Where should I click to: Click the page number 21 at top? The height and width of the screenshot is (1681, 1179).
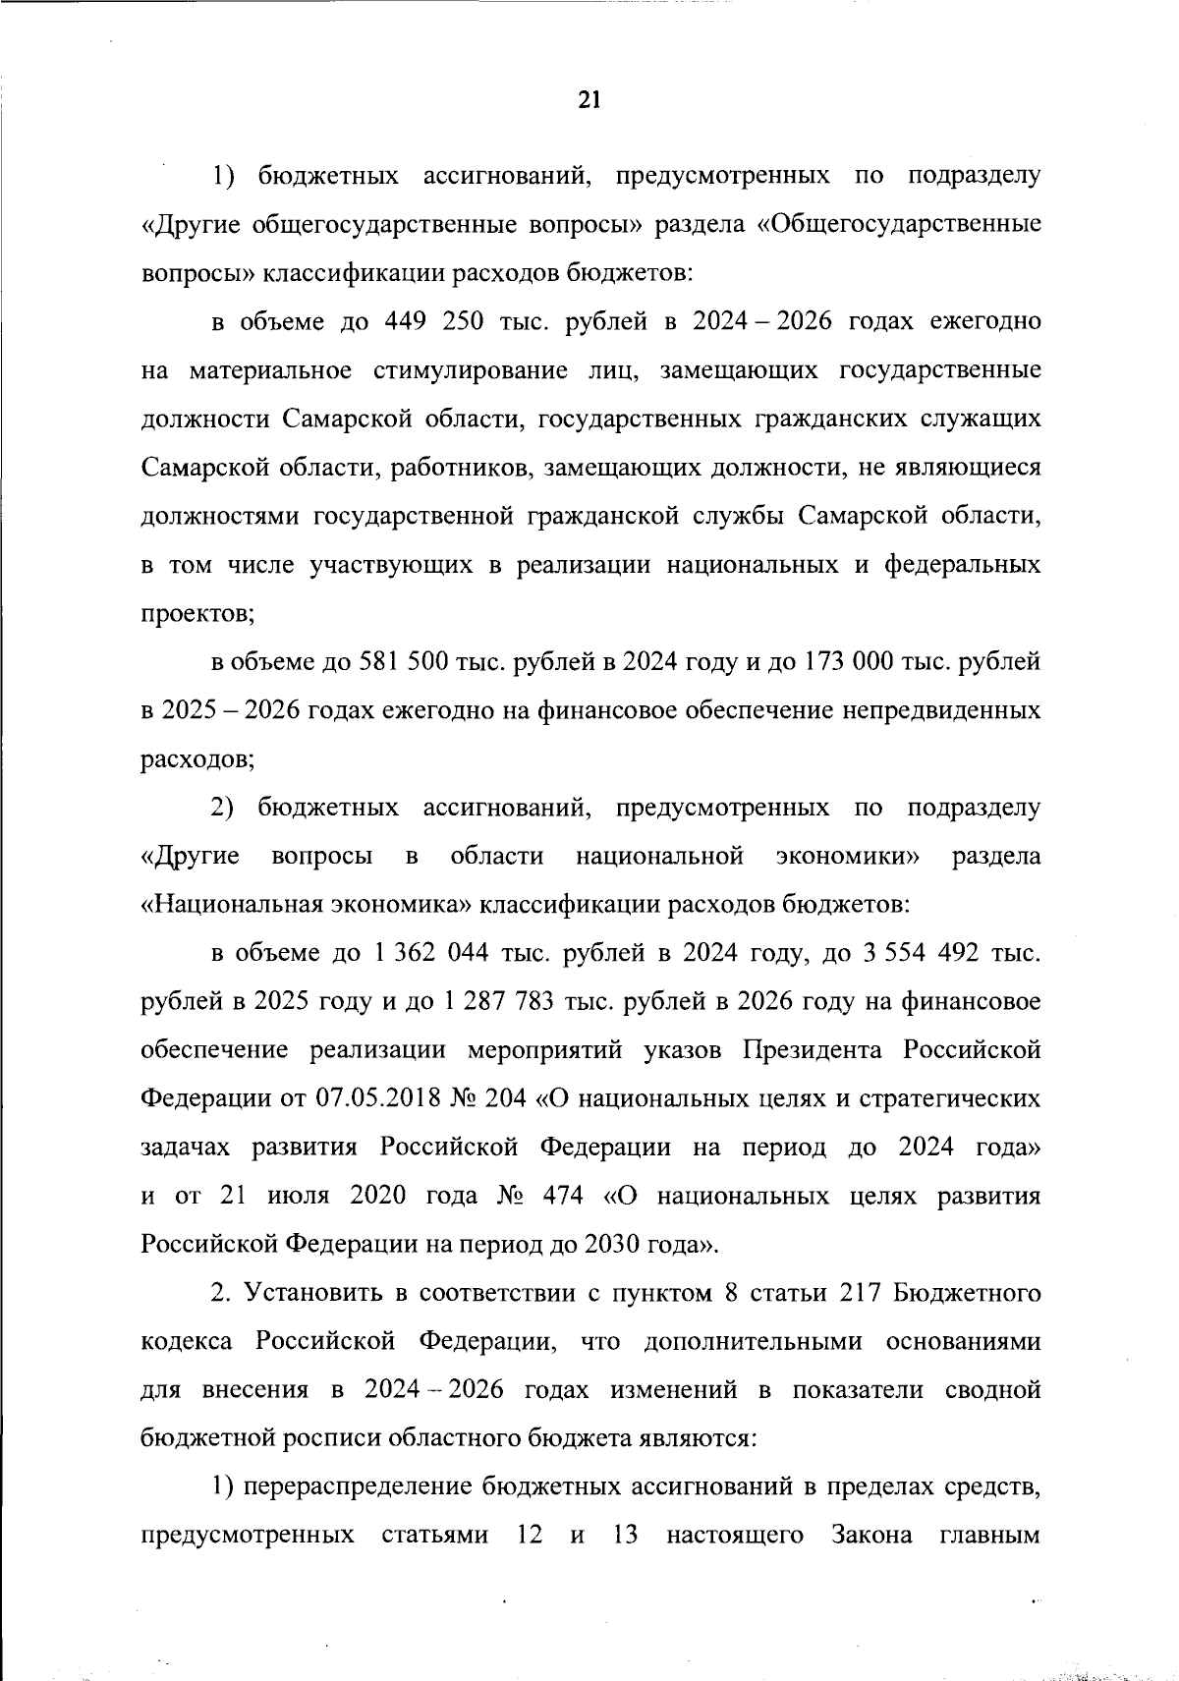pyautogui.click(x=589, y=99)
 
